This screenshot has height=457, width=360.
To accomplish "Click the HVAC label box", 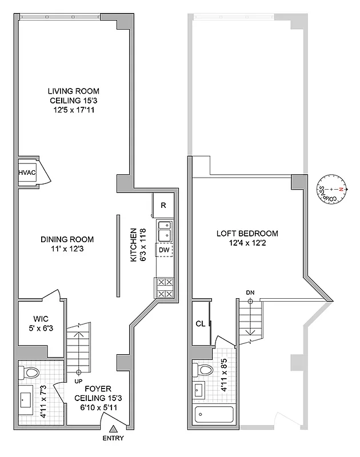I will (x=27, y=171).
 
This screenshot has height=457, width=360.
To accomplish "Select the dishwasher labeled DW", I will (x=164, y=249).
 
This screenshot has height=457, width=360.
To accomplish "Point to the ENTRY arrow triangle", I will (x=114, y=428).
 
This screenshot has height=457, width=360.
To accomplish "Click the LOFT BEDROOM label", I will (x=247, y=233).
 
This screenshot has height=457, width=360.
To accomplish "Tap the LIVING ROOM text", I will (x=73, y=90).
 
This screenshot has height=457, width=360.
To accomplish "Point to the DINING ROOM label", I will (x=67, y=239).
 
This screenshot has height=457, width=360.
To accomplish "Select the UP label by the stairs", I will (x=78, y=380).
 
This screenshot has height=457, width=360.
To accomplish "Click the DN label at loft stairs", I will (x=250, y=292).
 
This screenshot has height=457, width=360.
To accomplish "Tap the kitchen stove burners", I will (x=164, y=287).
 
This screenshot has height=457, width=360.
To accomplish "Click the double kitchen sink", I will (x=165, y=231).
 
